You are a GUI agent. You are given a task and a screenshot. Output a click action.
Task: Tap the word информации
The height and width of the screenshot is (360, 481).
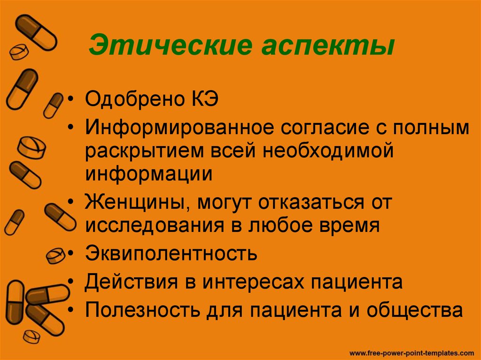click(149, 174)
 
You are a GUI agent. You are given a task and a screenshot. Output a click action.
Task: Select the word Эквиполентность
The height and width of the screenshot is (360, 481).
click(171, 254)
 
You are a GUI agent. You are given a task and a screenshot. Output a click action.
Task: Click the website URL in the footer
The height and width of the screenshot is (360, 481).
click(412, 351)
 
